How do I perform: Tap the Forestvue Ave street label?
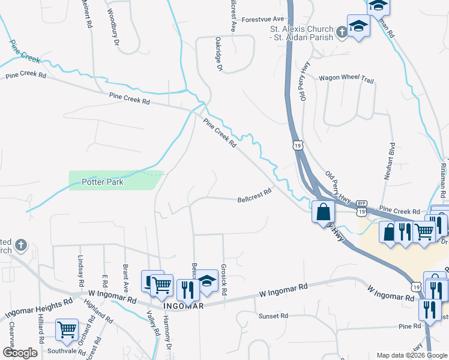coord(262,19)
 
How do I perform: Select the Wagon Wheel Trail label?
coord(346,78)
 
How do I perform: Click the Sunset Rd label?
coord(273,316)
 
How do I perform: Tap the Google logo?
coord(20,353)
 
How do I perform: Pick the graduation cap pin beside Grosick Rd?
coord(207,280)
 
